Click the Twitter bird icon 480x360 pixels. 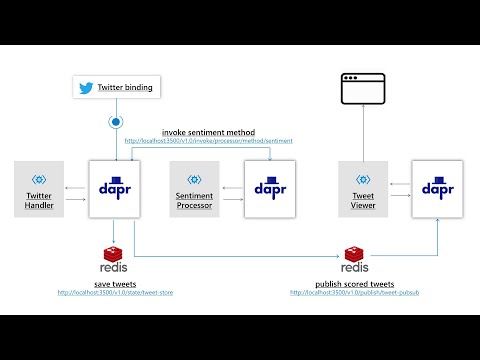(x=86, y=88)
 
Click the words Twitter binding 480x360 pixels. (x=125, y=88)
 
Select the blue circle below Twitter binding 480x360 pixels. (x=117, y=123)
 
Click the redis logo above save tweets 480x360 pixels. (x=114, y=261)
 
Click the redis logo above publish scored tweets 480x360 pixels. (x=354, y=261)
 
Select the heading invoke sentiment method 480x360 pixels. (x=208, y=132)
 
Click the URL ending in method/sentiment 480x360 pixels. (x=209, y=141)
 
